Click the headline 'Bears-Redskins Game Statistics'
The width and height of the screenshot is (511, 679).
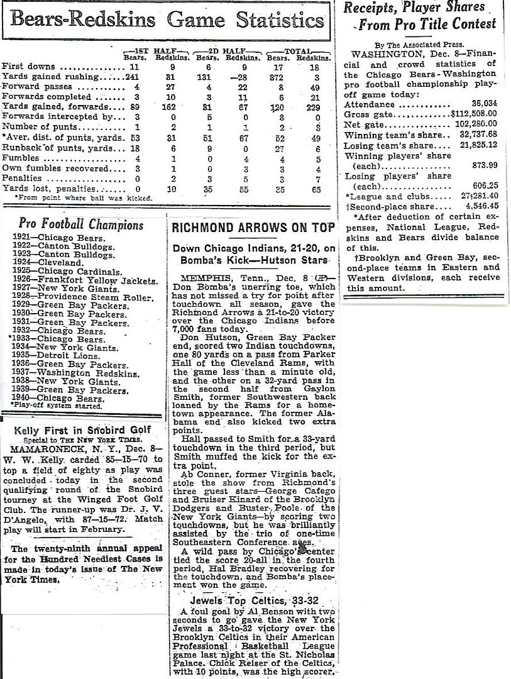click(167, 20)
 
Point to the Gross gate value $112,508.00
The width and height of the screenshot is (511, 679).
click(479, 116)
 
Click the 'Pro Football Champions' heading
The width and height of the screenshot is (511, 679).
click(81, 224)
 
